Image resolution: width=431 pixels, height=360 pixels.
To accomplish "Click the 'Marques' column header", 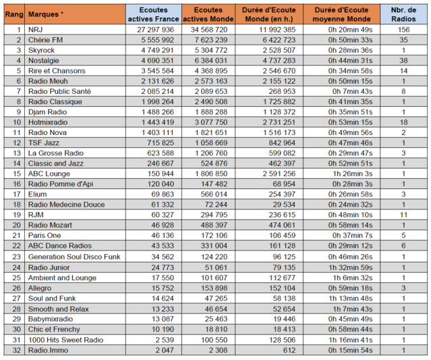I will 47,14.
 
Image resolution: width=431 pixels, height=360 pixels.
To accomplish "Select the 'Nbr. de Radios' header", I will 404,14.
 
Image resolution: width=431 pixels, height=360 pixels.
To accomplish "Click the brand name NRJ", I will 35,30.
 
